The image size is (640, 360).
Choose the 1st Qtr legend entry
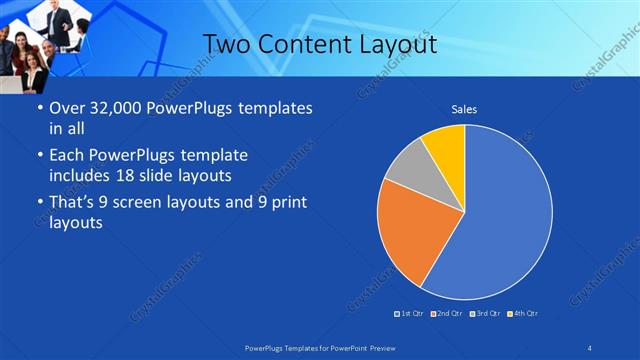pos(410,314)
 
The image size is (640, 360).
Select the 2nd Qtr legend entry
pos(447,314)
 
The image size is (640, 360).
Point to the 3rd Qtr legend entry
pos(485,314)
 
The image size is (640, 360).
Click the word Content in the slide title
pos(313,44)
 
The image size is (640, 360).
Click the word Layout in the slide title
pos(400,44)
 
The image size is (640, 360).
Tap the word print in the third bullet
pos(287,203)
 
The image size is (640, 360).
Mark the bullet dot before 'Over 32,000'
pos(38,107)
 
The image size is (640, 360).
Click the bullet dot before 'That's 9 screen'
pos(38,203)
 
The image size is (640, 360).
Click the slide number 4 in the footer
pos(590,347)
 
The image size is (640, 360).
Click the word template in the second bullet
pos(213,156)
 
